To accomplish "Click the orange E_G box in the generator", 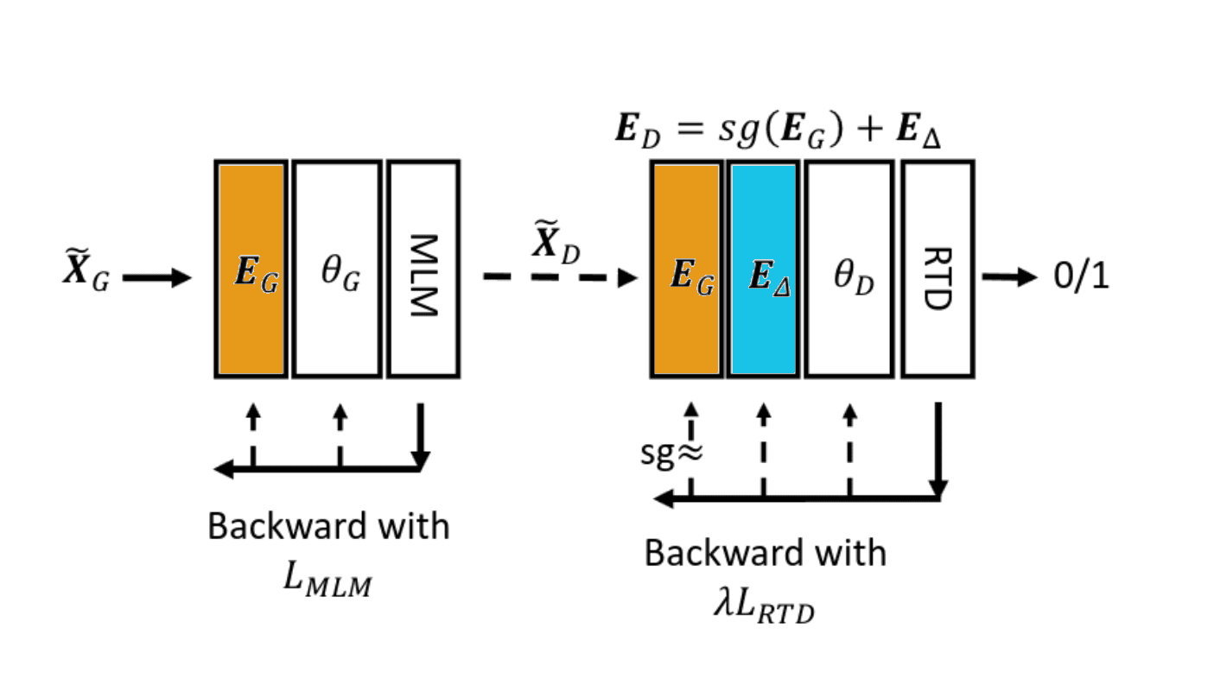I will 251,269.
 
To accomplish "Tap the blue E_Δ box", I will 763,269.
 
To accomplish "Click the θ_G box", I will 337,269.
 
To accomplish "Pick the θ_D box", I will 849,269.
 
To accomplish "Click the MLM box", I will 423,269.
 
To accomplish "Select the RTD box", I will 938,269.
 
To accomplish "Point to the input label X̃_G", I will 86,276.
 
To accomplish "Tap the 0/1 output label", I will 1081,277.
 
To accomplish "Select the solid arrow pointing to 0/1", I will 1009,277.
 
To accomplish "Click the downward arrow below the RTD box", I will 938,449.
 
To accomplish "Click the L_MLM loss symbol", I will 327,581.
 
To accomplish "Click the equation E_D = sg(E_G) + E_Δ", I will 778,136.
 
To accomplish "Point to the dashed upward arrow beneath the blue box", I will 763,449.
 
